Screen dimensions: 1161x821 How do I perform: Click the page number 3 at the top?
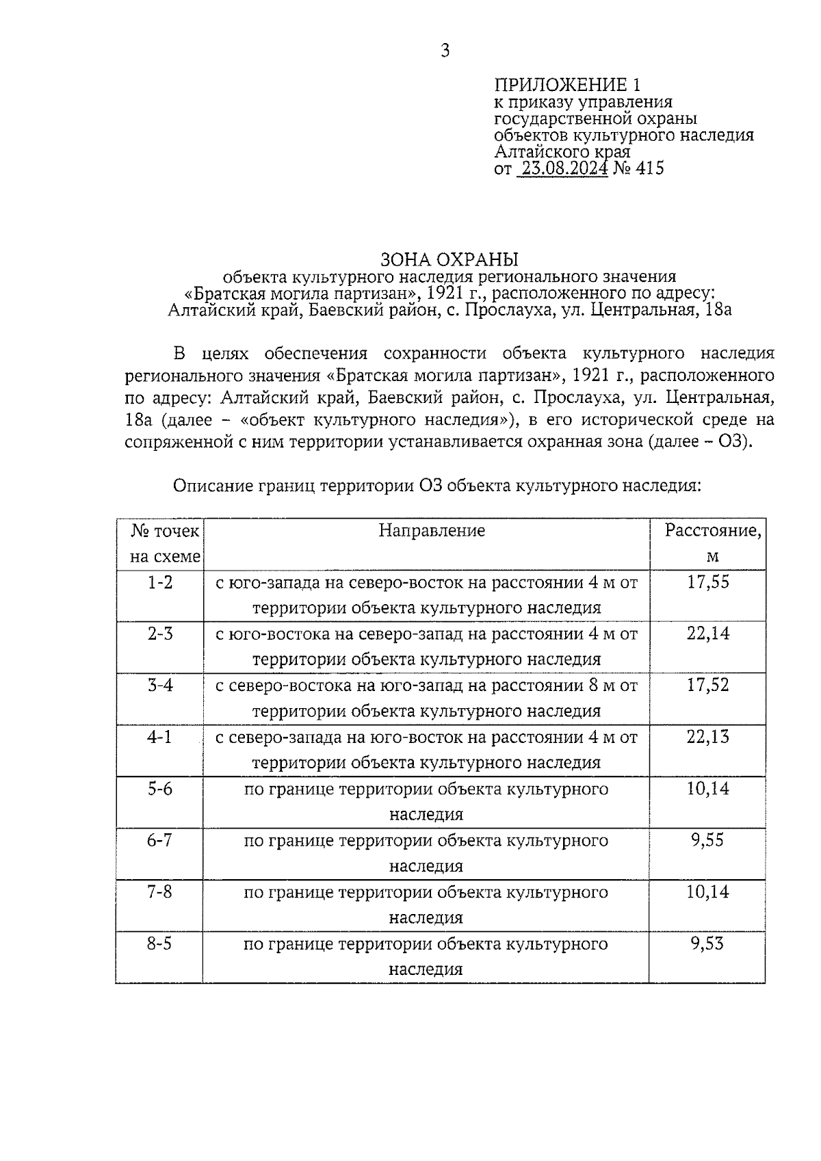coord(445,51)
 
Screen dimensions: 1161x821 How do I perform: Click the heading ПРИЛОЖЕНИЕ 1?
coord(568,85)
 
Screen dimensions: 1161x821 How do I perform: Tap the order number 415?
coord(649,168)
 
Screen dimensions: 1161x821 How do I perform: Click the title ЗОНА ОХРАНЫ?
coord(449,260)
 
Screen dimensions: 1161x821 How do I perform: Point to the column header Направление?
coord(432,531)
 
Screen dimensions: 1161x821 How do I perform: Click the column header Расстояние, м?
coord(712,543)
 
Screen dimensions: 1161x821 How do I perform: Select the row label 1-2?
coord(160,582)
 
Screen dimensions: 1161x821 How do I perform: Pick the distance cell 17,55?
coord(708,582)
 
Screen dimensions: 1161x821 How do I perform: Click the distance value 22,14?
coord(708,634)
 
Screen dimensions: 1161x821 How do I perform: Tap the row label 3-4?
coord(160,685)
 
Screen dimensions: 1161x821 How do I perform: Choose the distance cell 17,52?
coord(708,685)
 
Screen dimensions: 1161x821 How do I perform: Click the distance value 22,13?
coord(708,737)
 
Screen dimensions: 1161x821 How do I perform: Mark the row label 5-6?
coord(160,789)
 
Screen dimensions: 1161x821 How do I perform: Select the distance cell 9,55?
coord(707,840)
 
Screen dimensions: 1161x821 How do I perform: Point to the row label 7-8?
coord(160,892)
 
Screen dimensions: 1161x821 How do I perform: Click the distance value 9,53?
coord(707,944)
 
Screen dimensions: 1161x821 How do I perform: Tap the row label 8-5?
coord(160,944)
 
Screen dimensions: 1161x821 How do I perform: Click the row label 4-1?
coord(160,737)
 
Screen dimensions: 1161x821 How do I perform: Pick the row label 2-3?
coord(160,634)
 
